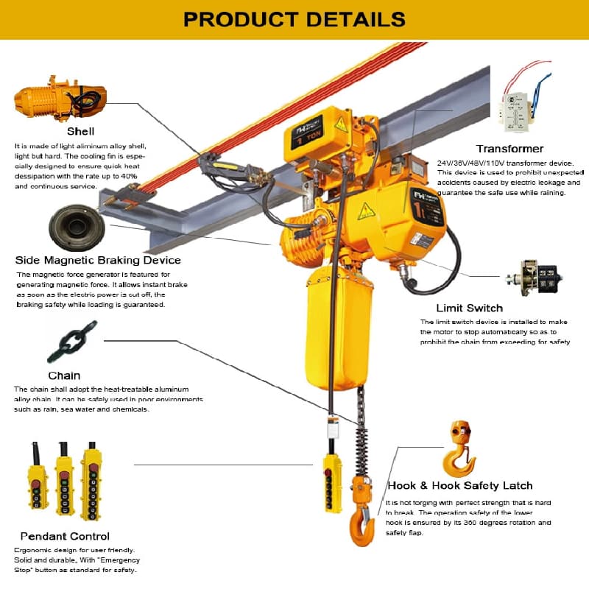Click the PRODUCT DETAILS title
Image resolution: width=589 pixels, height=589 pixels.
coord(294,18)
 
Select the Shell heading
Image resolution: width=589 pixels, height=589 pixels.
coord(80,132)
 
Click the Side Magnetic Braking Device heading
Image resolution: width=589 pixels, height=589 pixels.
coord(98,260)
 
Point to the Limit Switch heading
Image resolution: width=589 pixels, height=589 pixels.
coord(469,308)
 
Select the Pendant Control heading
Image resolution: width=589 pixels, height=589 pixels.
coord(65,536)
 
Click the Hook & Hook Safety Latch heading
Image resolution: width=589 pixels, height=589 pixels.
coord(459,486)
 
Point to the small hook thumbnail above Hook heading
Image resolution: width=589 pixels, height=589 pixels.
coord(459,448)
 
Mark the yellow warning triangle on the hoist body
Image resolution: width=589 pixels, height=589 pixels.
coord(366,212)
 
